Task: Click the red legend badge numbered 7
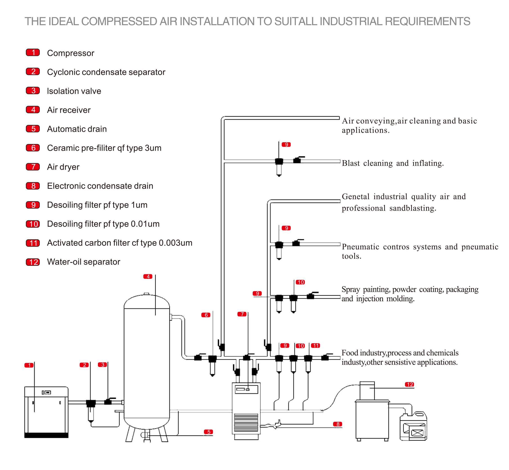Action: tap(33, 167)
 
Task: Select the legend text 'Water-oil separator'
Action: tap(83, 262)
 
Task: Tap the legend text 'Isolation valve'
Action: tap(74, 91)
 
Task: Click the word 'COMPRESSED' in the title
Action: tap(119, 21)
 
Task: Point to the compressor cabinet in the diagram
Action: tap(46, 412)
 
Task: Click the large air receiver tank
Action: tap(147, 361)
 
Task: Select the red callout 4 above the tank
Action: tap(148, 277)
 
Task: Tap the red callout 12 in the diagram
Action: tap(409, 385)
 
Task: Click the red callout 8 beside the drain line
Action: tap(338, 424)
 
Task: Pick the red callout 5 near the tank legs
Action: tap(208, 432)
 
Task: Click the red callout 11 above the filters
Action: tap(316, 346)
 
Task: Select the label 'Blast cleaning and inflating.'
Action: tap(393, 163)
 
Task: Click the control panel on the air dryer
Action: tap(246, 389)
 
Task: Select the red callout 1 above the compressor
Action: tap(29, 365)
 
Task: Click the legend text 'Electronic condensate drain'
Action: tap(100, 186)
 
